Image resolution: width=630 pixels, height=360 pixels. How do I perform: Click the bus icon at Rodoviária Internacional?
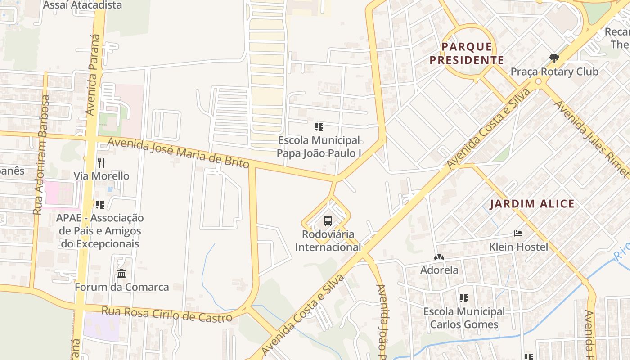point(328,221)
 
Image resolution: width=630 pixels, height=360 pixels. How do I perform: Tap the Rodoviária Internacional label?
point(328,241)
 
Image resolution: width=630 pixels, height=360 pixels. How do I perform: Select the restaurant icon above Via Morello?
point(101,162)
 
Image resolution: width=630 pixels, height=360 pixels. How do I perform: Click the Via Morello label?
point(102,176)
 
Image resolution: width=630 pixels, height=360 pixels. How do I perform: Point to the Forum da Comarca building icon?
point(121,273)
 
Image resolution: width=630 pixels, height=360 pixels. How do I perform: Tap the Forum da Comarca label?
point(122,287)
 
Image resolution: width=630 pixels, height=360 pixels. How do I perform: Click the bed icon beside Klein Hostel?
point(518,234)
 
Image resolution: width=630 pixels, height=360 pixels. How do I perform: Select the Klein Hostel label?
point(519,247)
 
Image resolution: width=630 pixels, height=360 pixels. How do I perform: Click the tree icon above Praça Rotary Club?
point(554,58)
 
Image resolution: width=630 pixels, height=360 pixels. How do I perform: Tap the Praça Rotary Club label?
point(554,72)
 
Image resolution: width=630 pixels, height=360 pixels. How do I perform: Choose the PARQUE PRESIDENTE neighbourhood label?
point(467,53)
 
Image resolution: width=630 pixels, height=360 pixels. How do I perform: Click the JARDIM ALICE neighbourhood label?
point(532,204)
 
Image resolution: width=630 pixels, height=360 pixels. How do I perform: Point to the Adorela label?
point(439,270)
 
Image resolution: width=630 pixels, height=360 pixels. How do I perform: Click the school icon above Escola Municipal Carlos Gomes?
point(464,298)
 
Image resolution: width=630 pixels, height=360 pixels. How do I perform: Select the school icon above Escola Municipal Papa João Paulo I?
point(319,127)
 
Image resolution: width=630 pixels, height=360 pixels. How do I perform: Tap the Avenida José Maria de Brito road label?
point(178,153)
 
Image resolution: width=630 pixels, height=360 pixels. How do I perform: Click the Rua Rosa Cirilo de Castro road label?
point(166,314)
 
